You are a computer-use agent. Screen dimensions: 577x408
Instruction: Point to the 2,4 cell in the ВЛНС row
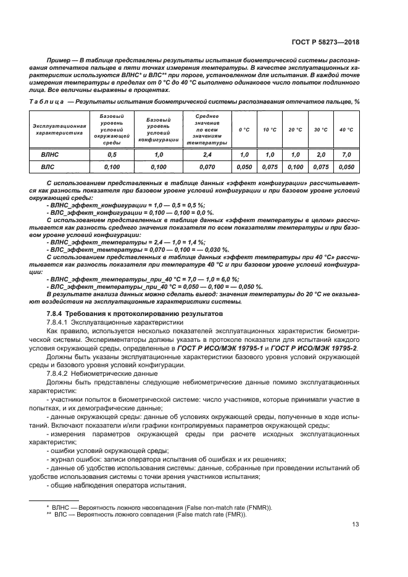tap(206, 155)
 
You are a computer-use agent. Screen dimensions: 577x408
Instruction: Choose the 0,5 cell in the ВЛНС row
tap(112, 155)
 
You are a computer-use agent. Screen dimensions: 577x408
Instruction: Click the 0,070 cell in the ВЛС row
tap(206, 167)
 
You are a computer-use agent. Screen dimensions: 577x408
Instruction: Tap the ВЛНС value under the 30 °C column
tap(320, 155)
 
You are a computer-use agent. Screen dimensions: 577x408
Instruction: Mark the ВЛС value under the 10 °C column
tap(269, 167)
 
